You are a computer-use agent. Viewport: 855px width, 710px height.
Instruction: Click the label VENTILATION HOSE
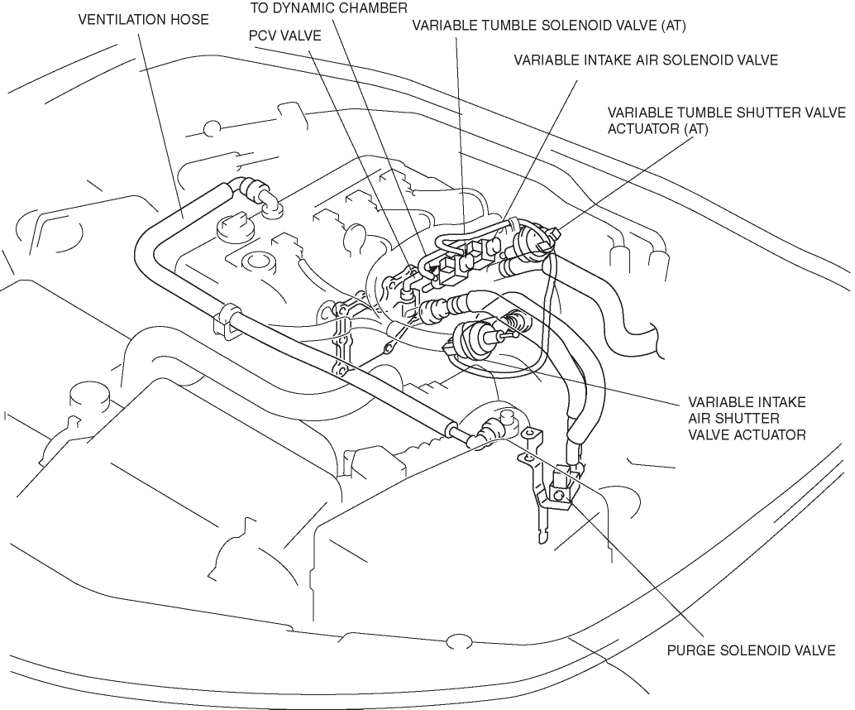(143, 18)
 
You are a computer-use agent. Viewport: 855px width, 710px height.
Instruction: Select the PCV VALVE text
(284, 36)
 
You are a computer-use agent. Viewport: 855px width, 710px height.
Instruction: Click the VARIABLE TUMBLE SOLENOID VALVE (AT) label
(550, 25)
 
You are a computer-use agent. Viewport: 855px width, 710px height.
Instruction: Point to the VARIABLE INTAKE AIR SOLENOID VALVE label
(646, 60)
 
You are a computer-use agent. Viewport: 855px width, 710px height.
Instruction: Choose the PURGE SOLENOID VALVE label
(751, 650)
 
